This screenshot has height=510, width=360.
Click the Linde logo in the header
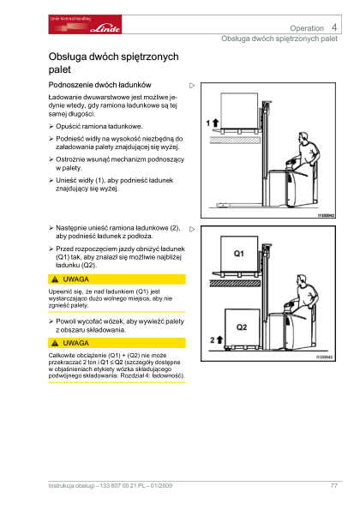point(85,24)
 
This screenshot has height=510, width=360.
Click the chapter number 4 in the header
point(334,27)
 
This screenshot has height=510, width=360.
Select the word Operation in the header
point(307,28)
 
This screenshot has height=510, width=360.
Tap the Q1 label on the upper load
point(238,254)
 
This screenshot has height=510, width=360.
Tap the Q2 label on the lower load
point(242,327)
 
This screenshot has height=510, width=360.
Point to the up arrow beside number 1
point(216,123)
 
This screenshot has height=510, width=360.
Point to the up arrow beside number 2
point(219,340)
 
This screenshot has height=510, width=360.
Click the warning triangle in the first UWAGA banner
point(55,279)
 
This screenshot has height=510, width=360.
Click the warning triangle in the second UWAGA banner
point(55,343)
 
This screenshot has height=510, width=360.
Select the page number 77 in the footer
point(334,486)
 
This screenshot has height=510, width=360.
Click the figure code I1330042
point(326,215)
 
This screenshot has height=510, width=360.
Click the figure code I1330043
point(325,357)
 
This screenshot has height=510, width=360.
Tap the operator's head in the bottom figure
point(302,280)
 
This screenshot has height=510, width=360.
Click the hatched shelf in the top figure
point(235,141)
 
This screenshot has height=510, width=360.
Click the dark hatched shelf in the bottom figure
point(235,283)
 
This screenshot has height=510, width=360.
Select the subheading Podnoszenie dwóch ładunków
point(99,85)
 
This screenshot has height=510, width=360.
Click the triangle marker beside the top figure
point(192,86)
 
